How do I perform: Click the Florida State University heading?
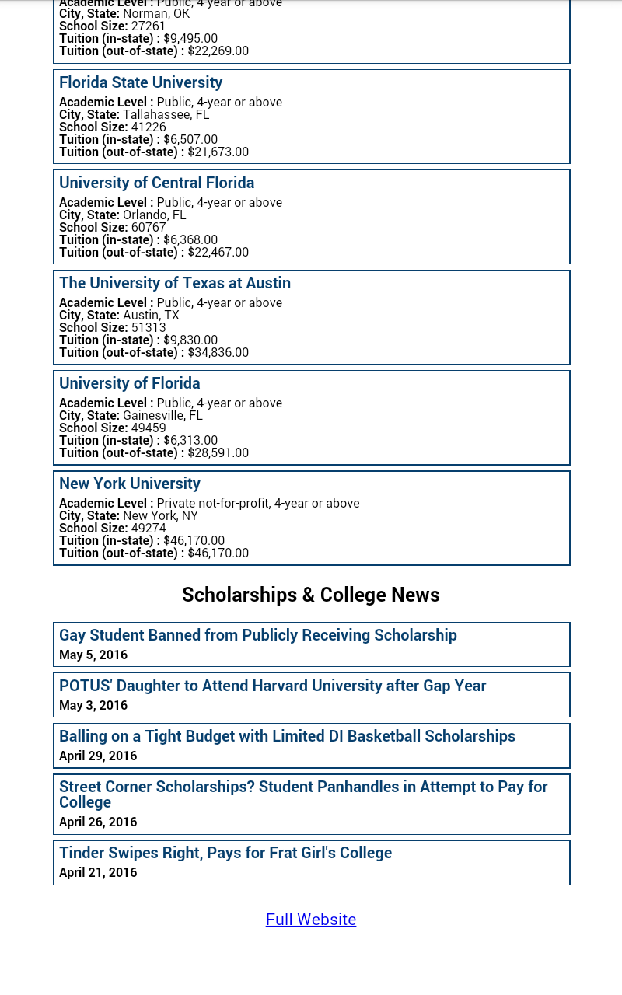coord(141,82)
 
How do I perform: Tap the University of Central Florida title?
coord(156,183)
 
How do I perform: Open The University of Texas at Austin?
coord(175,283)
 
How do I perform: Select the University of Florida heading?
coord(130,383)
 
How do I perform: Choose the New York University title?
coord(130,484)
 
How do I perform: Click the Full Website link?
coord(311,920)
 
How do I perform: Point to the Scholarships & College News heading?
coord(311,595)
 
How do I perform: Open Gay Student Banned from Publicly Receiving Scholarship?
coord(258,635)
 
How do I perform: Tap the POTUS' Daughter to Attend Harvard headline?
coord(273,686)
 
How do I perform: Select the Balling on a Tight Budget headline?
coord(287,736)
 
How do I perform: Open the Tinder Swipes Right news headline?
coord(225,853)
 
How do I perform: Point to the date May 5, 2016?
coord(93,655)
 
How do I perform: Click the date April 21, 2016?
coord(98,872)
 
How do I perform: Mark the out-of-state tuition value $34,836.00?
coord(218,352)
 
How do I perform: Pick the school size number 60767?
coord(149,227)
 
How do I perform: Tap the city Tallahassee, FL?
coord(166,114)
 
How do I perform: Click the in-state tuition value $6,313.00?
coord(190,440)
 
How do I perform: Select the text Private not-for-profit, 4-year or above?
coord(258,503)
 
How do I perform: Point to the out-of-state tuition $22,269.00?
coord(218,51)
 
